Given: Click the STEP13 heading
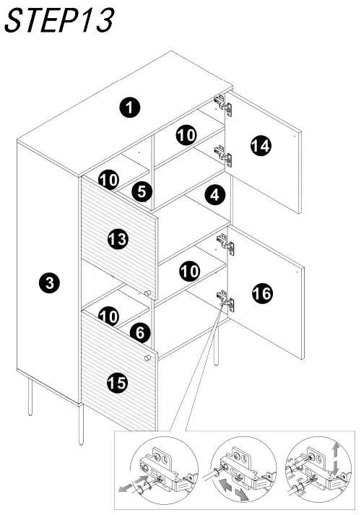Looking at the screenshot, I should (59, 21).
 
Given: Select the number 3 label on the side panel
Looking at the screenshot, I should (48, 283).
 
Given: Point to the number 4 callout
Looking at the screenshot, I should (213, 194).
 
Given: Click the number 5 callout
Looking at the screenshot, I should (142, 191).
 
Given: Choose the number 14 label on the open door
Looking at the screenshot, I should (261, 146).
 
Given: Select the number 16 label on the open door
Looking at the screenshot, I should (261, 293).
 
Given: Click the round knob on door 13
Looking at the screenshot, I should (147, 293).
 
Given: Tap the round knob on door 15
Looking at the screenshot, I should (148, 358).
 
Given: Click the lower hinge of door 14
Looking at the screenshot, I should (223, 153).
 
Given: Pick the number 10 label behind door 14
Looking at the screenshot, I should (186, 135).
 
